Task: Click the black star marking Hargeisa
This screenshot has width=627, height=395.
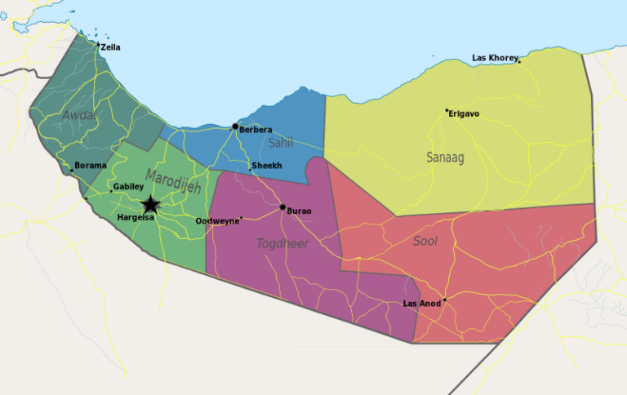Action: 150,205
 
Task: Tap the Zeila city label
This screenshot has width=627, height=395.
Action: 110,47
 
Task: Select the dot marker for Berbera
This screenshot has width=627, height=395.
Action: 235,126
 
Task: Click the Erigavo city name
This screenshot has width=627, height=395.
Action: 465,113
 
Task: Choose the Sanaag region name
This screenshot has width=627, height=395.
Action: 445,158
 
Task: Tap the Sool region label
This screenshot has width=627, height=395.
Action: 425,241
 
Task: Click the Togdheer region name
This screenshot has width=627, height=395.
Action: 282,243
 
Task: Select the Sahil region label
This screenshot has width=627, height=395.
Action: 280,143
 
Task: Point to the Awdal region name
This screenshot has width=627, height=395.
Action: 79,115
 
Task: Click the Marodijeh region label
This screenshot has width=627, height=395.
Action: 173,180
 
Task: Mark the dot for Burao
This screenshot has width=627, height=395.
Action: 282,207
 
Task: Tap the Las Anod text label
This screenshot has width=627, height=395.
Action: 422,304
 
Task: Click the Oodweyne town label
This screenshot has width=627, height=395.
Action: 218,221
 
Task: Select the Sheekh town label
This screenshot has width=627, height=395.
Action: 268,166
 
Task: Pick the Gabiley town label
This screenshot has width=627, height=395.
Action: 128,186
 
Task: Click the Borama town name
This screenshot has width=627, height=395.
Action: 91,166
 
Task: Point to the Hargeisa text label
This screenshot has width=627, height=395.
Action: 136,217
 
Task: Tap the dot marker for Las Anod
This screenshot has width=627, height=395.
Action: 444,300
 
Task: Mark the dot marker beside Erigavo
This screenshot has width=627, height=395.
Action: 447,110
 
